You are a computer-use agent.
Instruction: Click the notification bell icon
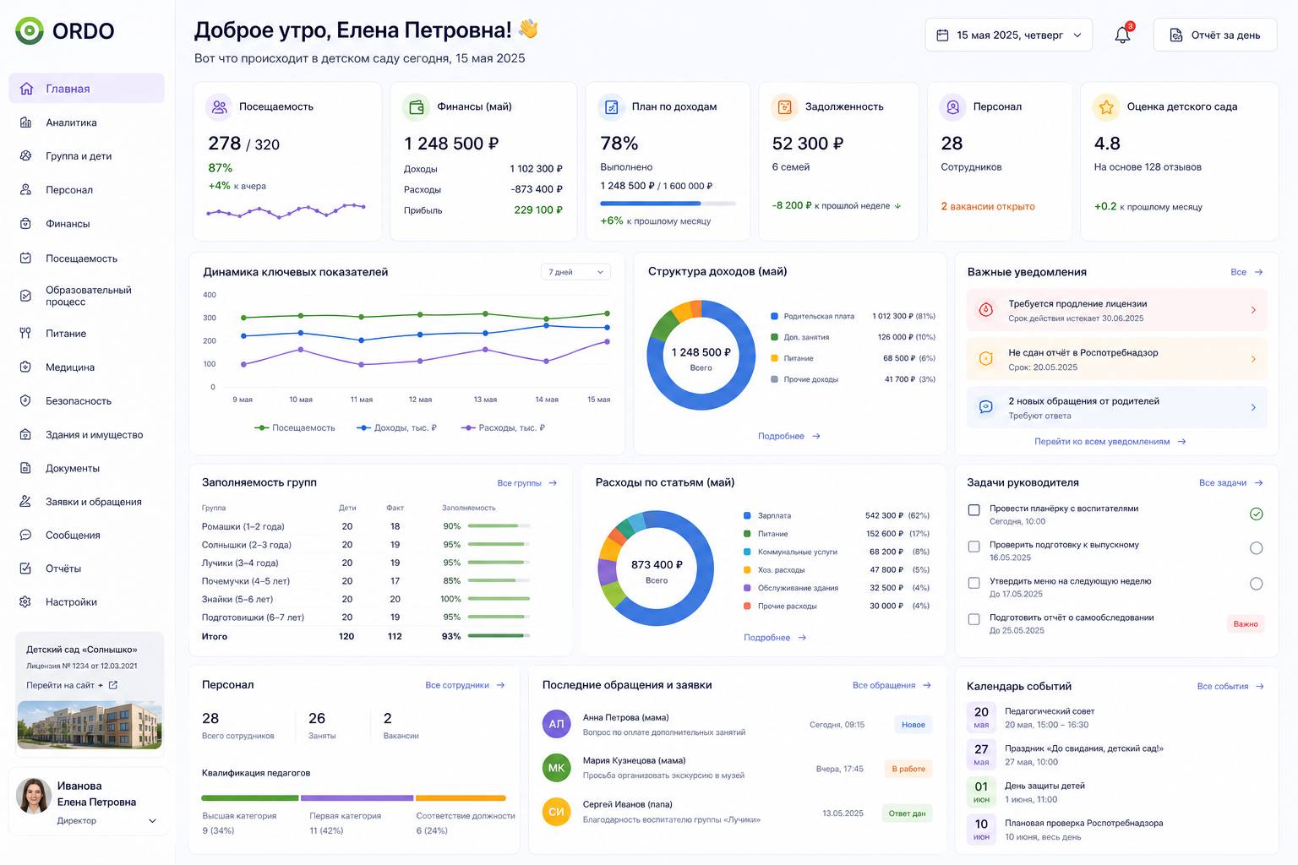1122,35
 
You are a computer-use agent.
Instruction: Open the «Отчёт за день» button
1215,35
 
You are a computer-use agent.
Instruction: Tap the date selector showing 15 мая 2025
1009,35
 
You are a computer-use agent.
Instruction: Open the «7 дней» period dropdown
575,272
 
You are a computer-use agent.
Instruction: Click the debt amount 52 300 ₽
808,143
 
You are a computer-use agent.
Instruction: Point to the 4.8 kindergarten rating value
1107,143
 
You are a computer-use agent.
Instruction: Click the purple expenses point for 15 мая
608,341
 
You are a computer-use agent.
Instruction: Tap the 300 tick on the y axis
210,318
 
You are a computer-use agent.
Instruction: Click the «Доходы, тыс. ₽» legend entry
397,427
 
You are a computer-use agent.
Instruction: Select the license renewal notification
1116,310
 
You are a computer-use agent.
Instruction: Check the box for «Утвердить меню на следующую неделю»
974,583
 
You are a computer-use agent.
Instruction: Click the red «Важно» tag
1246,624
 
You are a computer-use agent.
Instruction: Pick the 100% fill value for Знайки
450,599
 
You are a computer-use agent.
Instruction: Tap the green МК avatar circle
556,768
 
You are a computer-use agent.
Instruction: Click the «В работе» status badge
908,769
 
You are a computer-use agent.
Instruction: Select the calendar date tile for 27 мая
981,754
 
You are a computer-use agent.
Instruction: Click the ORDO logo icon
30,30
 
